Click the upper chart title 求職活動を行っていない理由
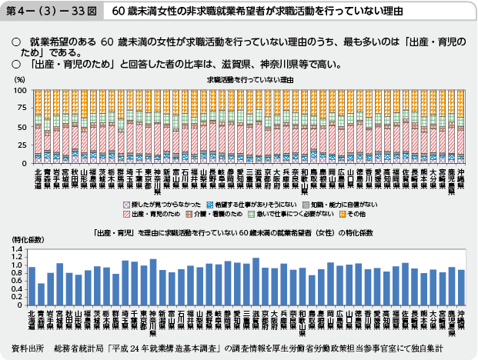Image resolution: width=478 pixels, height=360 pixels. tap(251, 79)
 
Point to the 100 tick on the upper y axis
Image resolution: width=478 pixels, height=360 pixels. tap(22, 90)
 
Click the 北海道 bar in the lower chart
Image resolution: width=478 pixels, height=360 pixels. tap(32, 285)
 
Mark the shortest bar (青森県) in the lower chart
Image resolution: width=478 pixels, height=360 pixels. tap(41, 294)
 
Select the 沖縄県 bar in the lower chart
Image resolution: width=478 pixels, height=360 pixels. tap(461, 287)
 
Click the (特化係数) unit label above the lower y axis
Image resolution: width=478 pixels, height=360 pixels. tap(28, 240)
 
